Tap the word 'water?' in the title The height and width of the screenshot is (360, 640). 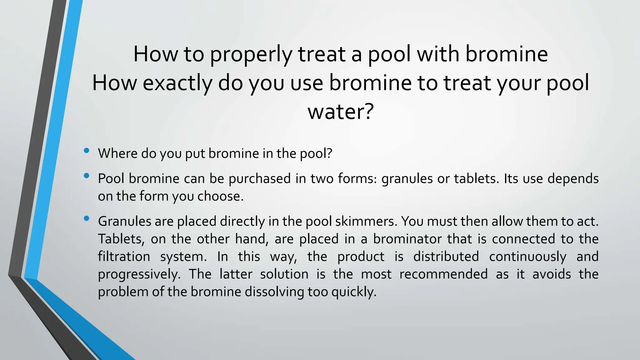click(341, 112)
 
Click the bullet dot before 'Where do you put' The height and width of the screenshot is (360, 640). click(87, 151)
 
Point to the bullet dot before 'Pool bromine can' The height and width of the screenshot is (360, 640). click(87, 176)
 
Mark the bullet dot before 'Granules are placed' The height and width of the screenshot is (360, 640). click(87, 218)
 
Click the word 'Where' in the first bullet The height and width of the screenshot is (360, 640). click(117, 153)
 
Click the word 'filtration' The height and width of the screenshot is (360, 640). click(124, 257)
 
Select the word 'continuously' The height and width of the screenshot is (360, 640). click(527, 257)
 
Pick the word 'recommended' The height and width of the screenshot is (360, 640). click(443, 274)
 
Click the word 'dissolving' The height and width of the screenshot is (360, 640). click(274, 292)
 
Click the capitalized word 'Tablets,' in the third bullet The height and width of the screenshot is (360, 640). click(121, 239)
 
